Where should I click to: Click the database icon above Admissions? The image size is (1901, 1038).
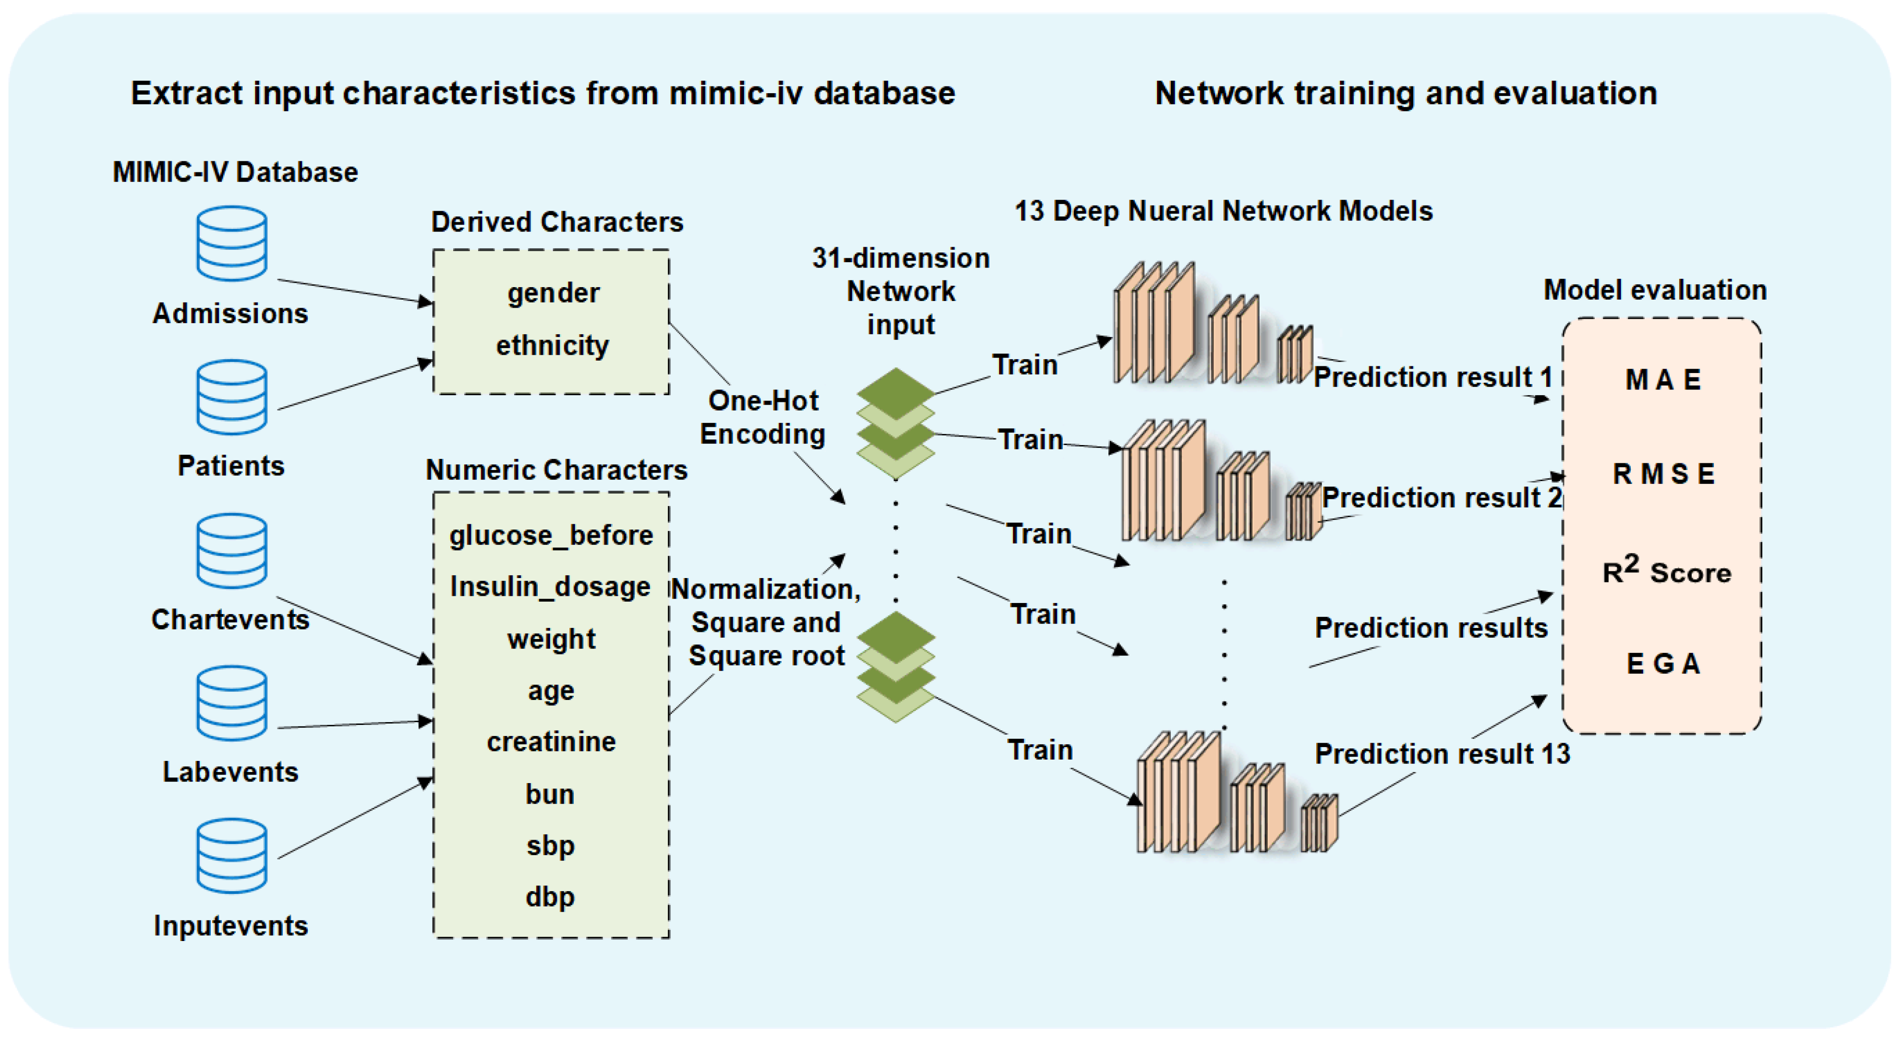pyautogui.click(x=232, y=243)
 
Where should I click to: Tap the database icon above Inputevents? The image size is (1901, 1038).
pyautogui.click(x=232, y=856)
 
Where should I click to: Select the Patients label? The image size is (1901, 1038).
pyautogui.click(x=231, y=466)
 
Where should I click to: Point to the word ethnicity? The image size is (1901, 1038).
pyautogui.click(x=553, y=346)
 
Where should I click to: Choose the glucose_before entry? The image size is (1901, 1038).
pyautogui.click(x=551, y=535)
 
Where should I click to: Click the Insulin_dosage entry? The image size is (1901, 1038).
pyautogui.click(x=551, y=587)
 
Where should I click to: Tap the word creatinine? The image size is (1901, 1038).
pyautogui.click(x=551, y=741)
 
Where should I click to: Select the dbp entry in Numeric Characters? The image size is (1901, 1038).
pyautogui.click(x=550, y=897)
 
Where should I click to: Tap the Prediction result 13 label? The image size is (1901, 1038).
pyautogui.click(x=1443, y=754)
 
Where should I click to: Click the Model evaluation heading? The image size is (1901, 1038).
pyautogui.click(x=1655, y=290)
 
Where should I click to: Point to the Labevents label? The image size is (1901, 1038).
pyautogui.click(x=230, y=772)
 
